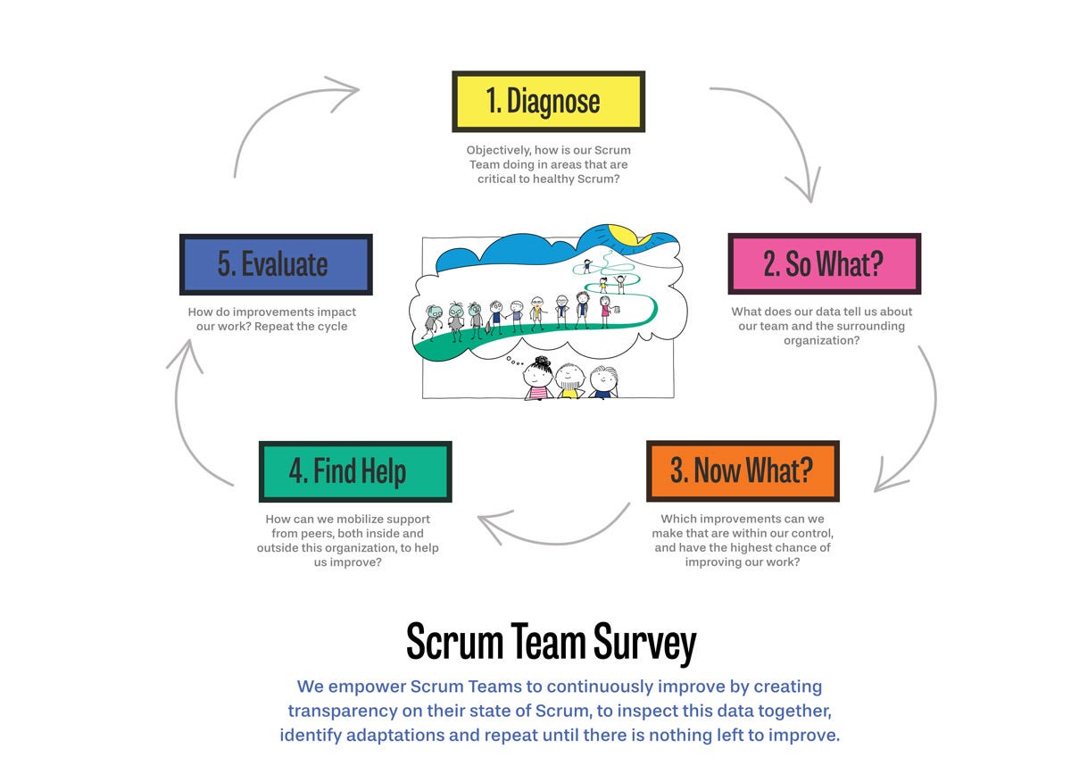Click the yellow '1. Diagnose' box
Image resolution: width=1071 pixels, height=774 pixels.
point(548,102)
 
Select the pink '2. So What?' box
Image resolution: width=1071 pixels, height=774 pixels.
point(825,263)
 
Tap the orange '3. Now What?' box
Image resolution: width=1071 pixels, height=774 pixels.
point(743,471)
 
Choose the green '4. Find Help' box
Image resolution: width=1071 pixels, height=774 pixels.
point(355,471)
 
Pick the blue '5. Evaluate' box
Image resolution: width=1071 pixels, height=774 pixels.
point(276,264)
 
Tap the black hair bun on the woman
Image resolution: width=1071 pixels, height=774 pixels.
point(543,362)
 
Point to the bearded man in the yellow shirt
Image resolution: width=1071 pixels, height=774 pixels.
point(569,381)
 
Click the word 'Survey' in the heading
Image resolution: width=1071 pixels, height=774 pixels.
point(644,642)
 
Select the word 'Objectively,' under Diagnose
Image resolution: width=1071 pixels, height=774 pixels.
point(499,150)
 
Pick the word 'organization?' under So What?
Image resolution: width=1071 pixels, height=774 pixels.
point(821,341)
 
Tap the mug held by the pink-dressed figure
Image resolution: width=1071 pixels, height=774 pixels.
point(617,310)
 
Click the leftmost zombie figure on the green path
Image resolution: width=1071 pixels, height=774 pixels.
point(434,322)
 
